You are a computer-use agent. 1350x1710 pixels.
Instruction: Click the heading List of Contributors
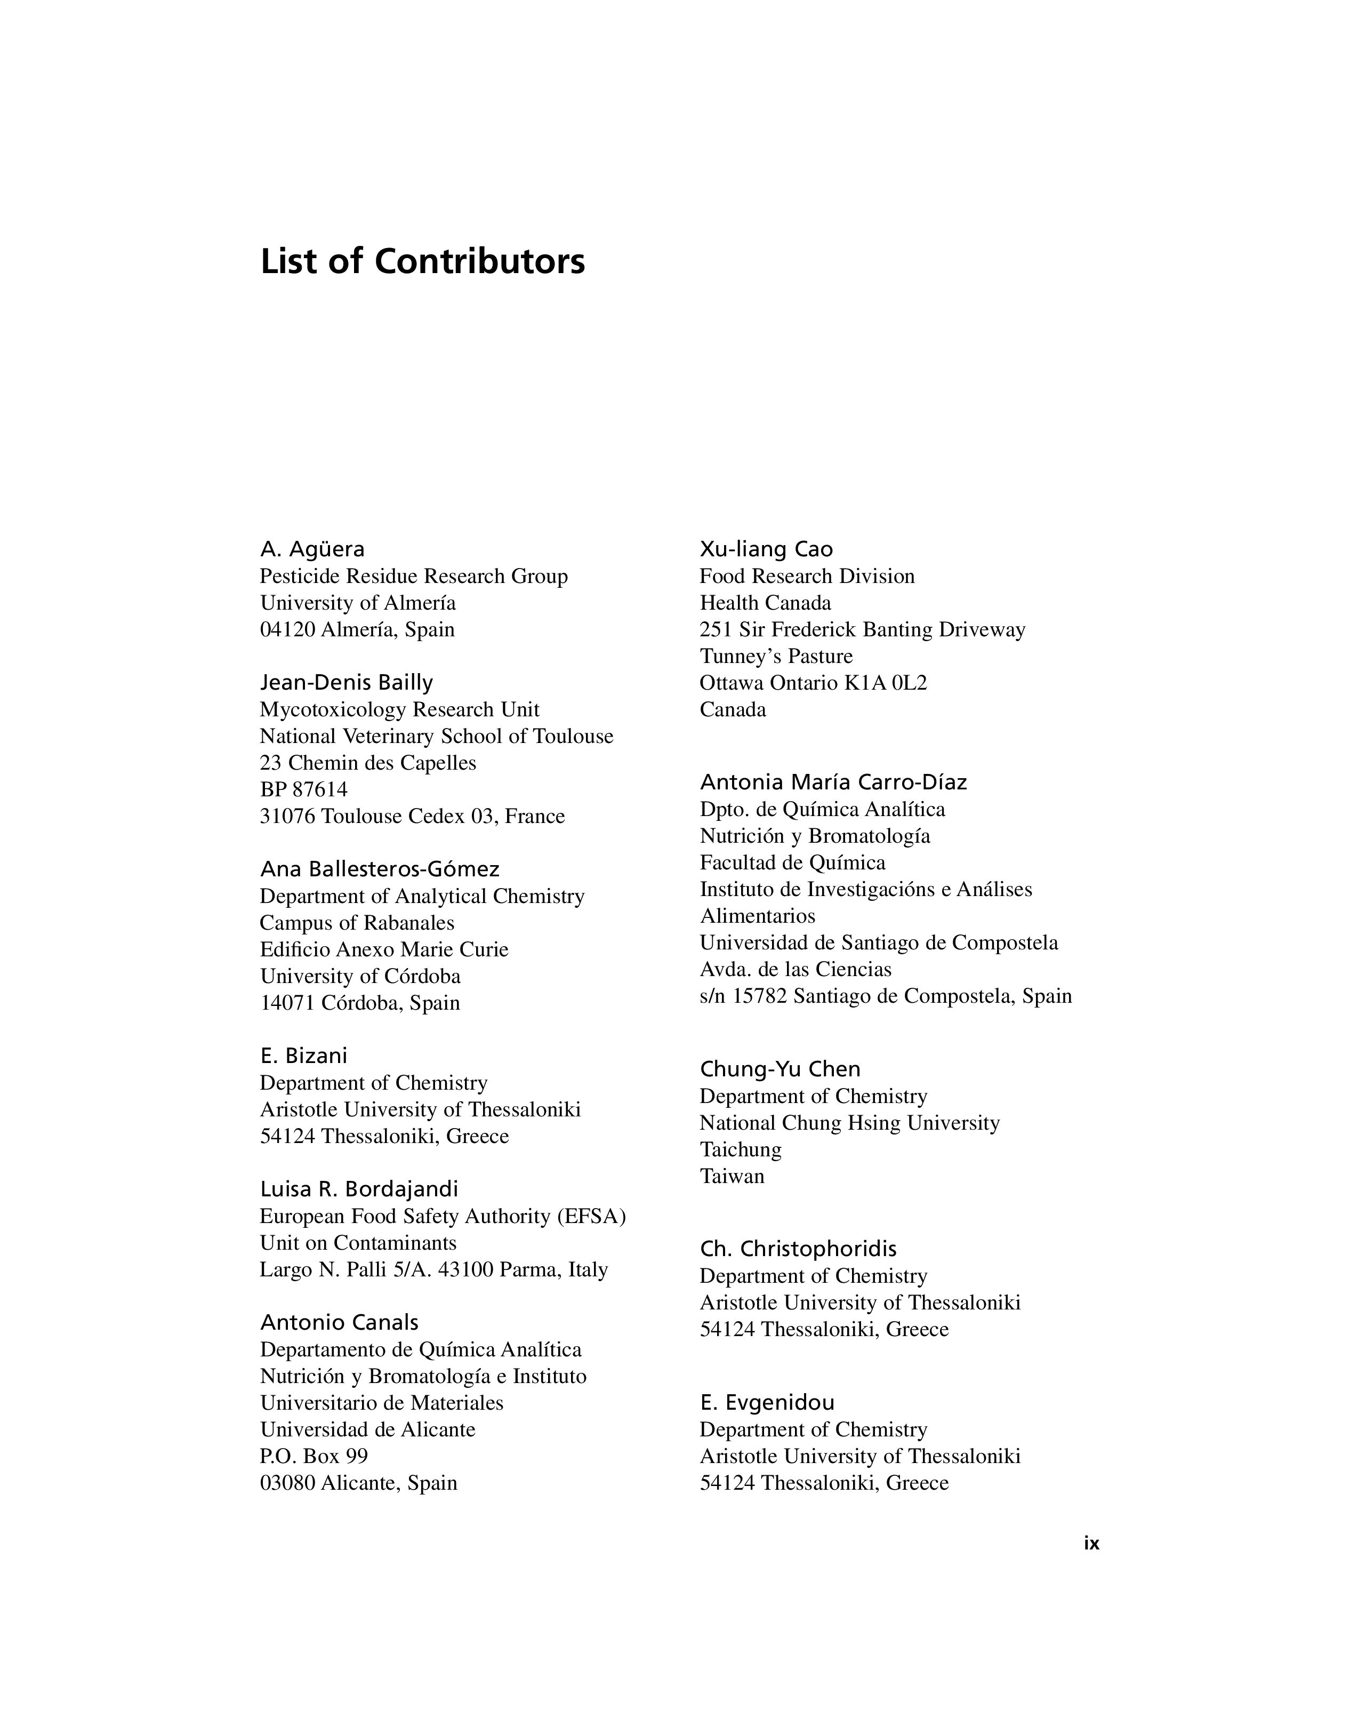coord(422,262)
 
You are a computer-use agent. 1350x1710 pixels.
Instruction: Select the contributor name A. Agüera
coord(312,549)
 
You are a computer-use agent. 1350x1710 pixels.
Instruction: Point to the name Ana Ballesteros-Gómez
coord(380,869)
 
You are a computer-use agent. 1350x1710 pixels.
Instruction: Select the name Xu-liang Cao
coord(766,549)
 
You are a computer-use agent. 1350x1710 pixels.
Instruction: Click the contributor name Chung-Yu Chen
coord(780,1069)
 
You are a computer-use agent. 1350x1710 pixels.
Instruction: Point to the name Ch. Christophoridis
coord(798,1249)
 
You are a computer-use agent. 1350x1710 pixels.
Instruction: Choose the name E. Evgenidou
coord(767,1402)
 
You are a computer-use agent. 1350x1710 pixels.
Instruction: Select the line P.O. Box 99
coord(314,1456)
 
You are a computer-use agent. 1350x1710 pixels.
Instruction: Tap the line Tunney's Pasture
coord(776,656)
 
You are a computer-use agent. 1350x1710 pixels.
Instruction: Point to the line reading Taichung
coord(740,1149)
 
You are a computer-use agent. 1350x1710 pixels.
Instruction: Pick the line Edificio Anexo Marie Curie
coord(384,949)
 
